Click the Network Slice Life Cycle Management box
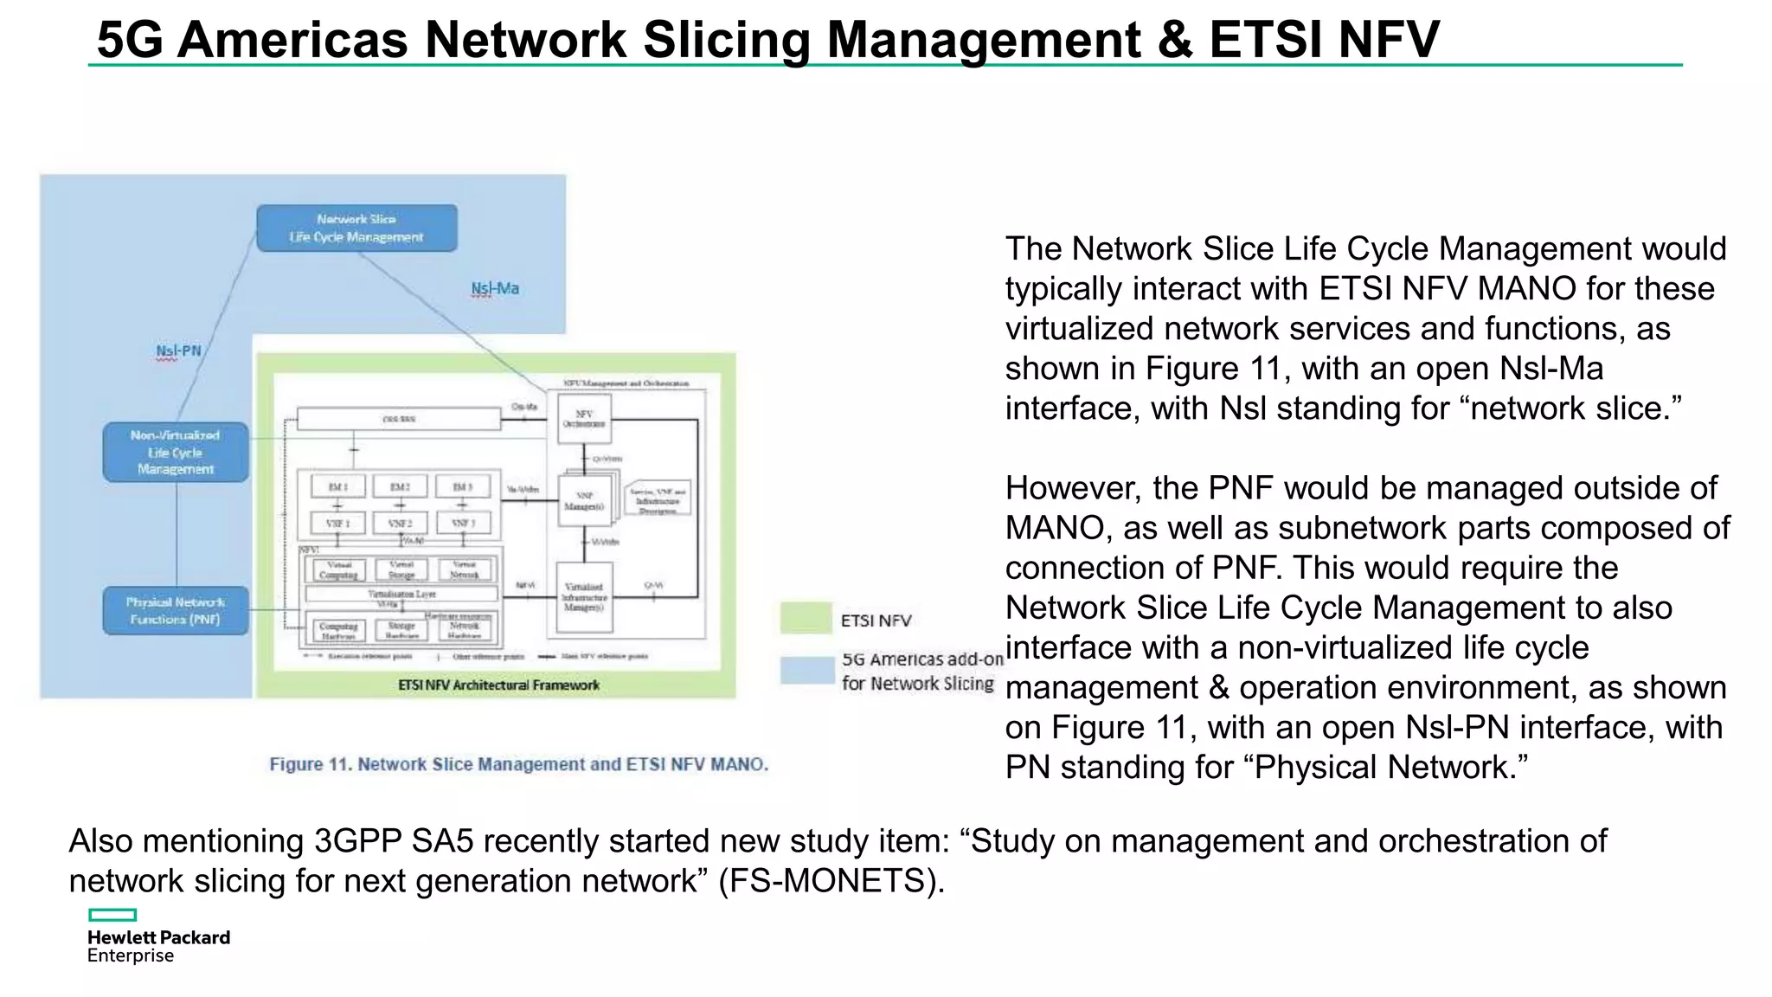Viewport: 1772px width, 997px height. (x=356, y=228)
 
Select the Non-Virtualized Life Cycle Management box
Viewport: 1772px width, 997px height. (x=176, y=452)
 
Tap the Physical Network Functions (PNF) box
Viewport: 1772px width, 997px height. (x=176, y=610)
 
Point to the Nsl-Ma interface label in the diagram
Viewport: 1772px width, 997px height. (x=495, y=288)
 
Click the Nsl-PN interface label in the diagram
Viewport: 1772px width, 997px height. (x=178, y=351)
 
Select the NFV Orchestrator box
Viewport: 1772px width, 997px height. (x=584, y=419)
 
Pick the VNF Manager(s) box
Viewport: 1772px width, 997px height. (x=584, y=501)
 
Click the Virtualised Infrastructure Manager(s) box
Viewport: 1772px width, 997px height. (x=585, y=597)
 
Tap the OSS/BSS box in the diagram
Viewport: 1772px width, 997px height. (x=399, y=419)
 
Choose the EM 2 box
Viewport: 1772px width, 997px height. (x=400, y=487)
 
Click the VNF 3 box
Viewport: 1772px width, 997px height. (x=463, y=523)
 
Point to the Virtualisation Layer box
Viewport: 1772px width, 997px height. (x=401, y=594)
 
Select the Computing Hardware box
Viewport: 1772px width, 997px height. (x=338, y=630)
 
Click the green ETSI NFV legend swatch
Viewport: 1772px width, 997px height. (x=806, y=618)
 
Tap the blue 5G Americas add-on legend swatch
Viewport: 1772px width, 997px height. (x=806, y=670)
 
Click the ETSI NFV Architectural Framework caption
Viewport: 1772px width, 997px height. (x=498, y=685)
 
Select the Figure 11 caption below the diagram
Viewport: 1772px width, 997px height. (x=518, y=764)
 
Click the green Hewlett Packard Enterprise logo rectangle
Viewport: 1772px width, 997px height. (x=112, y=915)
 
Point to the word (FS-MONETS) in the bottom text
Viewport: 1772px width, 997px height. (x=831, y=881)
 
